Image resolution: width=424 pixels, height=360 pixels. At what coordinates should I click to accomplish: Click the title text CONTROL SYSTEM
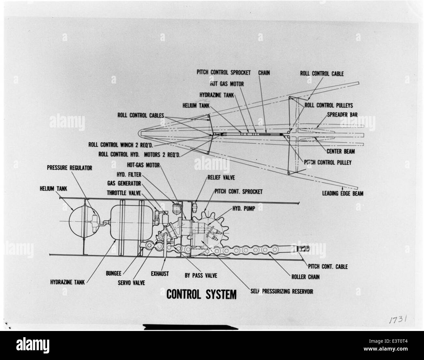click(x=201, y=294)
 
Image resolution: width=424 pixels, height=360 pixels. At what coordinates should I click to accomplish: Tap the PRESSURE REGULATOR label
click(x=69, y=168)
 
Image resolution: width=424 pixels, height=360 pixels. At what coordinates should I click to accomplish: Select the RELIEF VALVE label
click(x=221, y=178)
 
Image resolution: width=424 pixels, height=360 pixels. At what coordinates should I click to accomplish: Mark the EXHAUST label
click(x=159, y=274)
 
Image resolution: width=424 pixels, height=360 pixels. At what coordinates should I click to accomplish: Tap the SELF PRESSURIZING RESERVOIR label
click(x=281, y=291)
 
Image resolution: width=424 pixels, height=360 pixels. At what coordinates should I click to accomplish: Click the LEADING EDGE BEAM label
click(x=343, y=194)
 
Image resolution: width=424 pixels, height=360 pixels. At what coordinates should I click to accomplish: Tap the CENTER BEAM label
click(x=341, y=151)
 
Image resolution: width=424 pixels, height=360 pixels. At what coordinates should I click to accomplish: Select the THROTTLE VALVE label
click(x=126, y=192)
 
